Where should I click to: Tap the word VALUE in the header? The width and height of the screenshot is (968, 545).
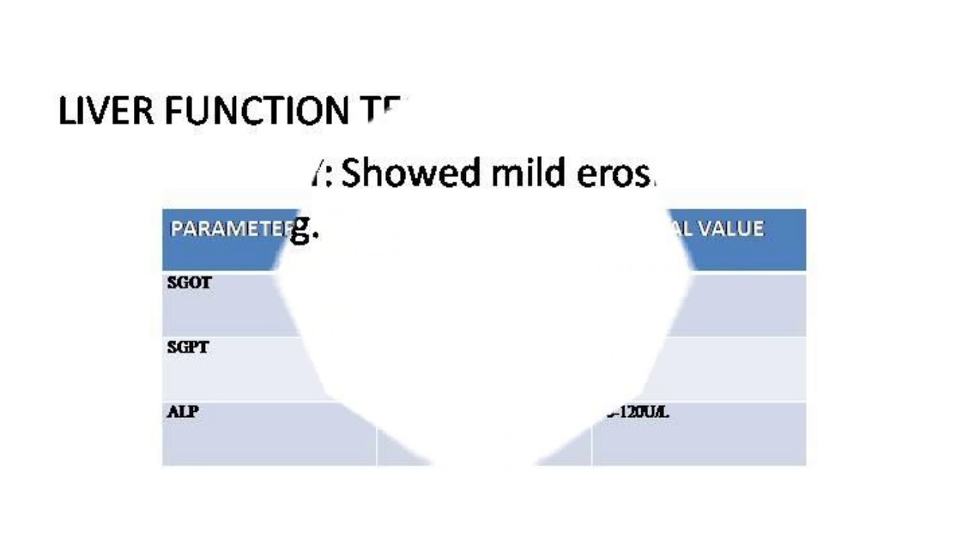pos(731,229)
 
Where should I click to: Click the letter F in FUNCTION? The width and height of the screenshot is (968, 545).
pos(173,111)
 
